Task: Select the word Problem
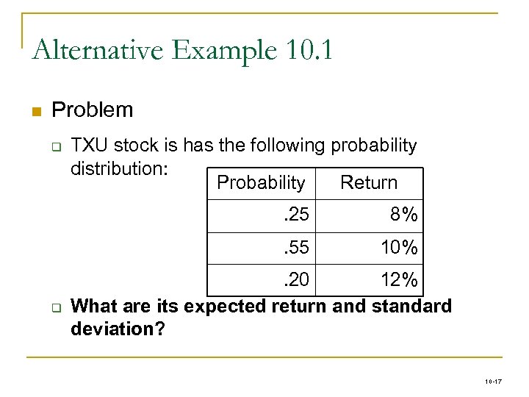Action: click(93, 110)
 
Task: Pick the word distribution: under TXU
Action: click(120, 168)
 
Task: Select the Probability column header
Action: click(261, 182)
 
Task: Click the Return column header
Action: click(369, 182)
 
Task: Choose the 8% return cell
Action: click(404, 215)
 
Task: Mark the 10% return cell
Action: click(399, 248)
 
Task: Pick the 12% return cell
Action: click(399, 280)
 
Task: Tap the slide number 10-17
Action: click(493, 382)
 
